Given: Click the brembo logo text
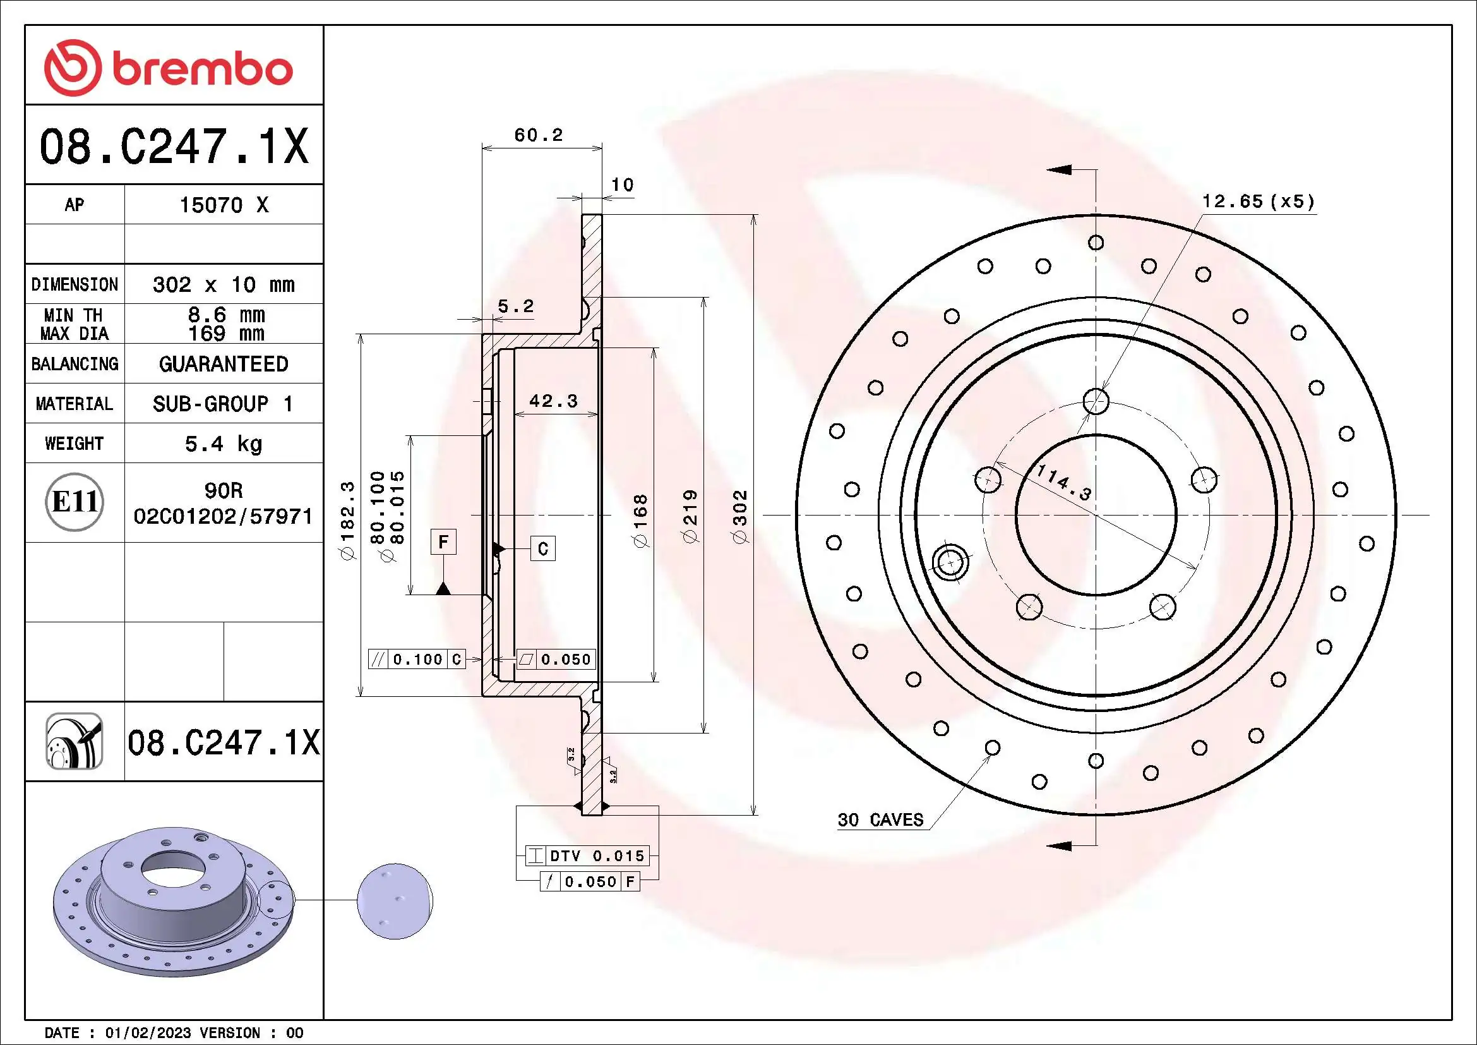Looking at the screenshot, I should (x=202, y=69).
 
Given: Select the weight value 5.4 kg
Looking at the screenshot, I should (x=223, y=444).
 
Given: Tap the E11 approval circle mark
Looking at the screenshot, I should (x=75, y=502).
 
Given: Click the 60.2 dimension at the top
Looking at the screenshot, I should (x=539, y=135).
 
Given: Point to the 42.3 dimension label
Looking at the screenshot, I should (x=553, y=402).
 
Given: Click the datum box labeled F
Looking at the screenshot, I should (x=443, y=542).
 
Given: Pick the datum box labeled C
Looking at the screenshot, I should (x=543, y=549).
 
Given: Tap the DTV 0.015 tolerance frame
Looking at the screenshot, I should (x=587, y=856).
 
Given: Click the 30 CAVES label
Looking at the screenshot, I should (x=880, y=820).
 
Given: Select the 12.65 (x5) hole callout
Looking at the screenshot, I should (x=1258, y=202).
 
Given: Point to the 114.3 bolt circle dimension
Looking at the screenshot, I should (x=1065, y=483).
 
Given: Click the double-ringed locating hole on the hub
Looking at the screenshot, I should (x=951, y=562).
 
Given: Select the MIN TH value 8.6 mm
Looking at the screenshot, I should (x=226, y=315).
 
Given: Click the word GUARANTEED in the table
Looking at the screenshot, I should (x=223, y=364).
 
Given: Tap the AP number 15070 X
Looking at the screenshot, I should (x=223, y=205).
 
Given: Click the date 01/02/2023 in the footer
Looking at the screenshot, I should (x=148, y=1033).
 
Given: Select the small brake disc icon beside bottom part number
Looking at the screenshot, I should (x=75, y=742).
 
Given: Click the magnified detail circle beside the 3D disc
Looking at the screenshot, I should (x=395, y=901).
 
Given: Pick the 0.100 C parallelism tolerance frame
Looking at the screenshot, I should (x=417, y=660).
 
